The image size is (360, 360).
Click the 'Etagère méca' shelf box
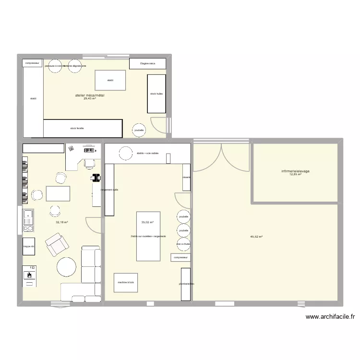[x=148, y=63]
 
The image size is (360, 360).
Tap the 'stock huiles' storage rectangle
[x=156, y=94]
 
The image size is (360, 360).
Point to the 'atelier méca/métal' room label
[x=90, y=96]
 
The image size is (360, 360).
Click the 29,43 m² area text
[x=90, y=99]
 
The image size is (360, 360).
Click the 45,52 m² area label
[x=257, y=237]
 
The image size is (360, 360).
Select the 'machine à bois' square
[x=125, y=283]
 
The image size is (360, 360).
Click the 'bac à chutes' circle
[x=183, y=244]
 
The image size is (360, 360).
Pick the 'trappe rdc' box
[x=29, y=247]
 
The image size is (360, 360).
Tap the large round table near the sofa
[x=67, y=267]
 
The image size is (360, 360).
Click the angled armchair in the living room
[x=57, y=244]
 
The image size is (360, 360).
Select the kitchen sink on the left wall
[x=28, y=217]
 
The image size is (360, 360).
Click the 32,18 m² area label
[x=62, y=222]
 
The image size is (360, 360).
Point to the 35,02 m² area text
[x=147, y=222]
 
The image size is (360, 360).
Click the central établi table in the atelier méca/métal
[x=110, y=80]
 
